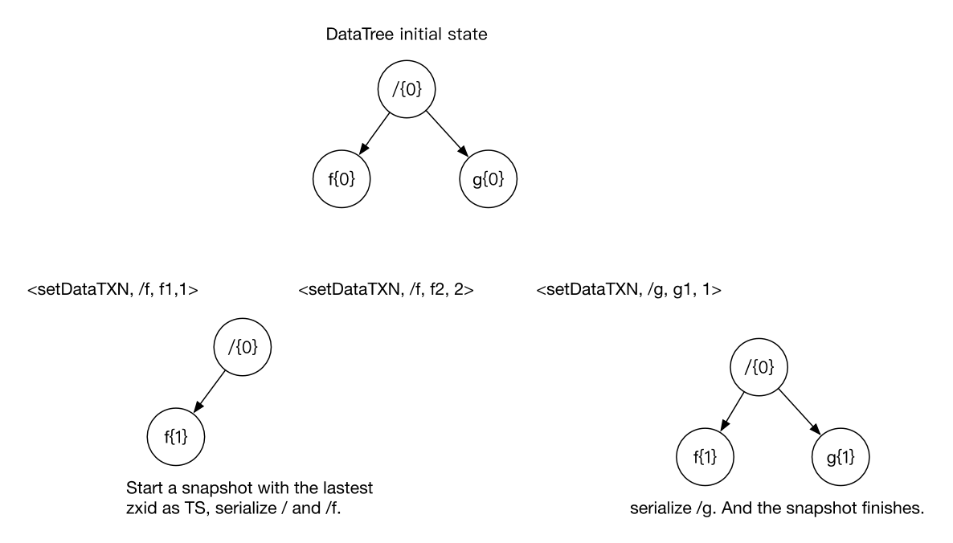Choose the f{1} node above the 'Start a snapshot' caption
pyautogui.click(x=175, y=437)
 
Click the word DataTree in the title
pyautogui.click(x=354, y=35)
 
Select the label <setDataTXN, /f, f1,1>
pyautogui.click(x=113, y=289)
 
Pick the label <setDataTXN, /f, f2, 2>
pyautogui.click(x=385, y=289)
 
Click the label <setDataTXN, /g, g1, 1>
pyautogui.click(x=628, y=289)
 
